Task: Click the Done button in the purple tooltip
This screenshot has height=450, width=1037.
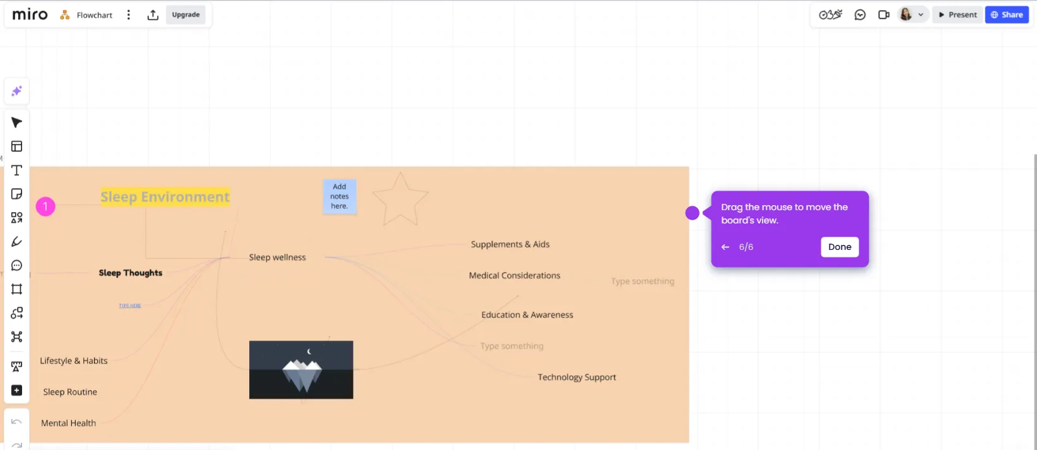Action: pos(840,247)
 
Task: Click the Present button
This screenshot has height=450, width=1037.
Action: pos(957,15)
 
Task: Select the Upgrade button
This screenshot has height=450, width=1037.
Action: pos(185,15)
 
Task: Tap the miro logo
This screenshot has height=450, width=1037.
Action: pos(30,15)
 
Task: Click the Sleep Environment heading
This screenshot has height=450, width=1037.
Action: pos(165,197)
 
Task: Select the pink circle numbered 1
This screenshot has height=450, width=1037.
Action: pos(45,206)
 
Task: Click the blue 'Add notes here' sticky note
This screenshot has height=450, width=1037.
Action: pos(339,196)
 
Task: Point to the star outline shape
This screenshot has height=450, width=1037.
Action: pos(400,200)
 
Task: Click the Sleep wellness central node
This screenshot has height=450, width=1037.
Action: pos(277,258)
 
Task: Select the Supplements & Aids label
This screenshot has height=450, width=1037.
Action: pos(510,244)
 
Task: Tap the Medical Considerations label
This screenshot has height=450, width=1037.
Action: pos(514,276)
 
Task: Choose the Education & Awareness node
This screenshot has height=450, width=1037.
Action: pos(527,315)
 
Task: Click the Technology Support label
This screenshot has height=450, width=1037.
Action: pos(577,377)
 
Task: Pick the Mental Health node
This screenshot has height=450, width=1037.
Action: pos(68,423)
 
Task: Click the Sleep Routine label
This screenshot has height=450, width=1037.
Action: pos(70,392)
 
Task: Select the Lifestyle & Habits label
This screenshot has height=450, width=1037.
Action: pos(73,361)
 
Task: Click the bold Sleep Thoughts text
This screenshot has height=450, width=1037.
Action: pos(130,273)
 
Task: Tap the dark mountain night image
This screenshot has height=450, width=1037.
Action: pos(301,370)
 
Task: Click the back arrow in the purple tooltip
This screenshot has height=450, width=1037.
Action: pos(725,247)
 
